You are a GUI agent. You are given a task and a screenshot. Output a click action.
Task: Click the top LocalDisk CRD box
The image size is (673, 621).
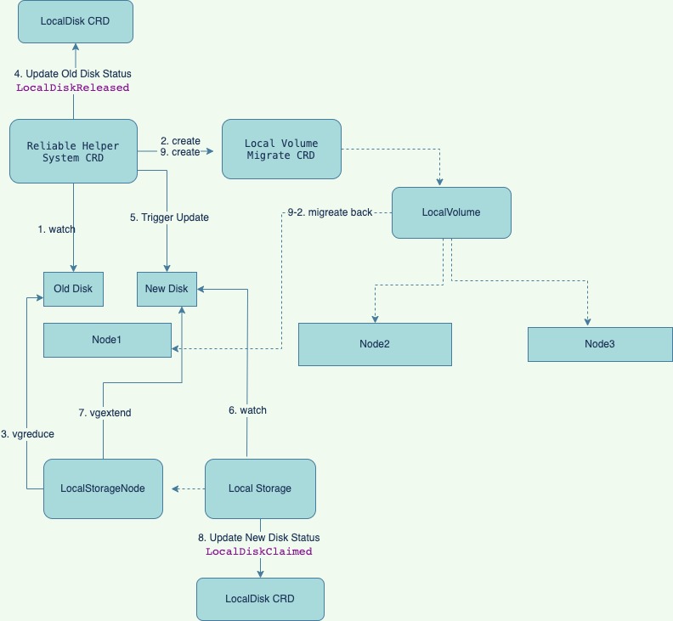[x=75, y=21]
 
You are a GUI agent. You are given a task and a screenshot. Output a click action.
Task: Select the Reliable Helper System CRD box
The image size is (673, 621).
[x=73, y=150]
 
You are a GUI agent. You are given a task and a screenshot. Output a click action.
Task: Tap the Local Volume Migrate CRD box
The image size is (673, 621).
[x=280, y=149]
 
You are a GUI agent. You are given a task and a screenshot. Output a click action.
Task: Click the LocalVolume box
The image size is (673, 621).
[x=450, y=212]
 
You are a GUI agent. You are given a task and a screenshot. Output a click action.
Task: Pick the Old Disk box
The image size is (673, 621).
[x=73, y=289]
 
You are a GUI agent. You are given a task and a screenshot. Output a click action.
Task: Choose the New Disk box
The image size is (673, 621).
[x=167, y=289]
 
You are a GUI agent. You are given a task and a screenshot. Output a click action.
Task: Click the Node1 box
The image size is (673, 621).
[x=107, y=340]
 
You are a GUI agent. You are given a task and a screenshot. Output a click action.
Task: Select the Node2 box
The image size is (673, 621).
[x=374, y=344]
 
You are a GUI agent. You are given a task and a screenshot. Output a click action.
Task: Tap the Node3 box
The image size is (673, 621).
[x=599, y=344]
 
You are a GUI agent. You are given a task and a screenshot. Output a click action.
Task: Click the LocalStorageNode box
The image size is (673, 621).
[x=103, y=488]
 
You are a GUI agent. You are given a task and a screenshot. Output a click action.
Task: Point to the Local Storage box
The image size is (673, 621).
[x=260, y=488]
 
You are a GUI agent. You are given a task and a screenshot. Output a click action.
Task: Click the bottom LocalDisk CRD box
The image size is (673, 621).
[x=260, y=599]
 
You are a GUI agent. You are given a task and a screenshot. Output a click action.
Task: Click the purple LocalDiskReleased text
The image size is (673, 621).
[x=73, y=88]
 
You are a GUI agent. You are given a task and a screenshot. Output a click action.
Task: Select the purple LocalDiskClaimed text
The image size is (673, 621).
[x=259, y=551]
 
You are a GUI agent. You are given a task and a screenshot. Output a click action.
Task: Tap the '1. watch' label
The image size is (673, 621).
[x=56, y=229]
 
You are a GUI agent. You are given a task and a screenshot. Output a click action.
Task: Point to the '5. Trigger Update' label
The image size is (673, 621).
[x=169, y=217]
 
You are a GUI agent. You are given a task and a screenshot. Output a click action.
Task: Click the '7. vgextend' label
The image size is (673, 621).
[x=105, y=412]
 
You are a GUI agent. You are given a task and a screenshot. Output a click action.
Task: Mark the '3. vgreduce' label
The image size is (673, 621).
[x=27, y=434]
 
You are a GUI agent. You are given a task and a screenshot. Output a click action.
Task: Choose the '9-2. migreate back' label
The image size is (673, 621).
[x=330, y=212]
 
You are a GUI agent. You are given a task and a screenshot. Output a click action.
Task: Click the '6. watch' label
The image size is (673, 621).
[x=247, y=410]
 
